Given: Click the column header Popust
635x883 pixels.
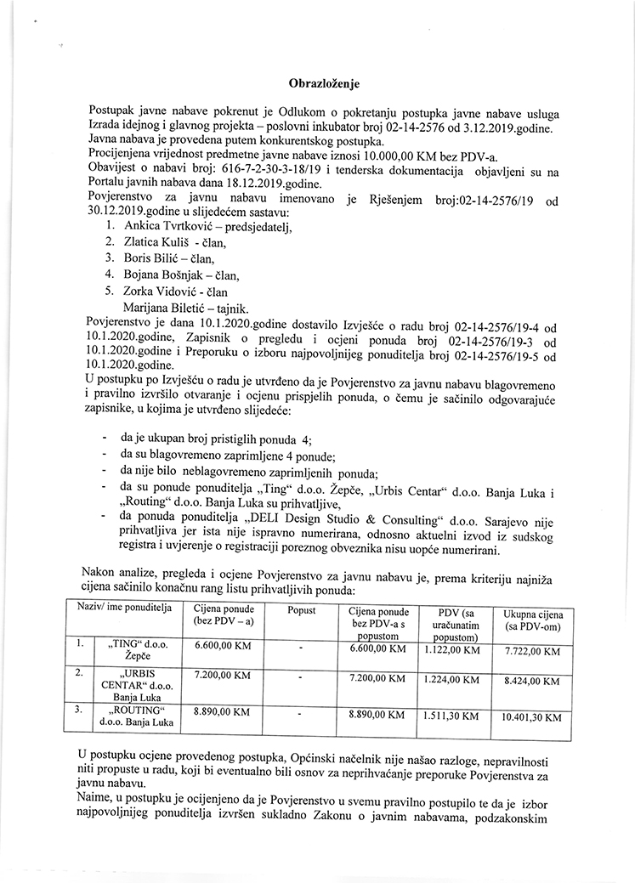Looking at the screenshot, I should click(301, 610).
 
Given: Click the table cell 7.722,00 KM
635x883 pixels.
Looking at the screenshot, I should click(531, 651).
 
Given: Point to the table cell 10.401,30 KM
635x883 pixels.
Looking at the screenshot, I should click(531, 717).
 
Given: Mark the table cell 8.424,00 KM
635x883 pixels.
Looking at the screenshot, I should click(531, 681).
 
